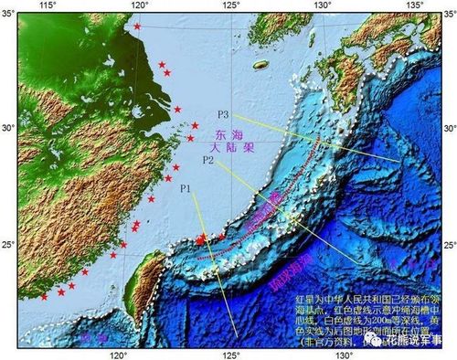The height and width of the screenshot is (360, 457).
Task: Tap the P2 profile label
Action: pyautogui.click(x=207, y=161)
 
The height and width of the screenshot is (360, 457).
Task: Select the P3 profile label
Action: pyautogui.click(x=223, y=115)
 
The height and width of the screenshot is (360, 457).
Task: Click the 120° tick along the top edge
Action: pyautogui.click(x=139, y=7)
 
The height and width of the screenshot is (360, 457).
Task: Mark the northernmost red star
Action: pyautogui.click(x=138, y=26)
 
